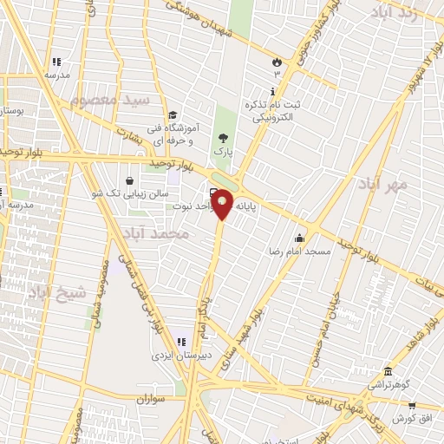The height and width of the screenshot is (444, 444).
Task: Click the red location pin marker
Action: (223, 205)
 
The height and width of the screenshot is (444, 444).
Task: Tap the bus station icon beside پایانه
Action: (213, 193)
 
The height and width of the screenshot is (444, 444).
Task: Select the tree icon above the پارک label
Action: (225, 138)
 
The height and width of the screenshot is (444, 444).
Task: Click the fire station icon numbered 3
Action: (277, 62)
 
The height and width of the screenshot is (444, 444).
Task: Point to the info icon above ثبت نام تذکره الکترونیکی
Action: (274, 91)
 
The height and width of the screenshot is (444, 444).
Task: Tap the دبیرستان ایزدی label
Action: (177, 356)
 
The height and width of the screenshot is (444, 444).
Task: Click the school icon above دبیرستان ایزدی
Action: (181, 342)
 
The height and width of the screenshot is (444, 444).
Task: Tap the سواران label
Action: (149, 400)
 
